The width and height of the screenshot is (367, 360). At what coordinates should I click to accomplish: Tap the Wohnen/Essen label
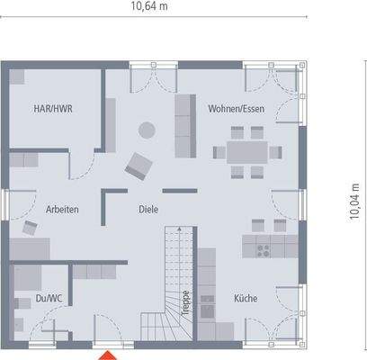(231, 109)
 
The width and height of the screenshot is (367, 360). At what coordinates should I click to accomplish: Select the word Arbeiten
(62, 210)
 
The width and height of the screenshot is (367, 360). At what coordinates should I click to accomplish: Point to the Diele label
(148, 210)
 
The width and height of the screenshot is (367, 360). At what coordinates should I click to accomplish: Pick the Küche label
(245, 297)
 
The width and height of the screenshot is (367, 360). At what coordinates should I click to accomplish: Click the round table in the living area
(144, 130)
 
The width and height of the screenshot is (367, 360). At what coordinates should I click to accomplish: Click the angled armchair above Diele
(139, 165)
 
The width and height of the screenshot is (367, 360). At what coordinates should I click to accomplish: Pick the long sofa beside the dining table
(185, 125)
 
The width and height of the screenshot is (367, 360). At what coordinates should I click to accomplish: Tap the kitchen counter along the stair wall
(206, 288)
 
